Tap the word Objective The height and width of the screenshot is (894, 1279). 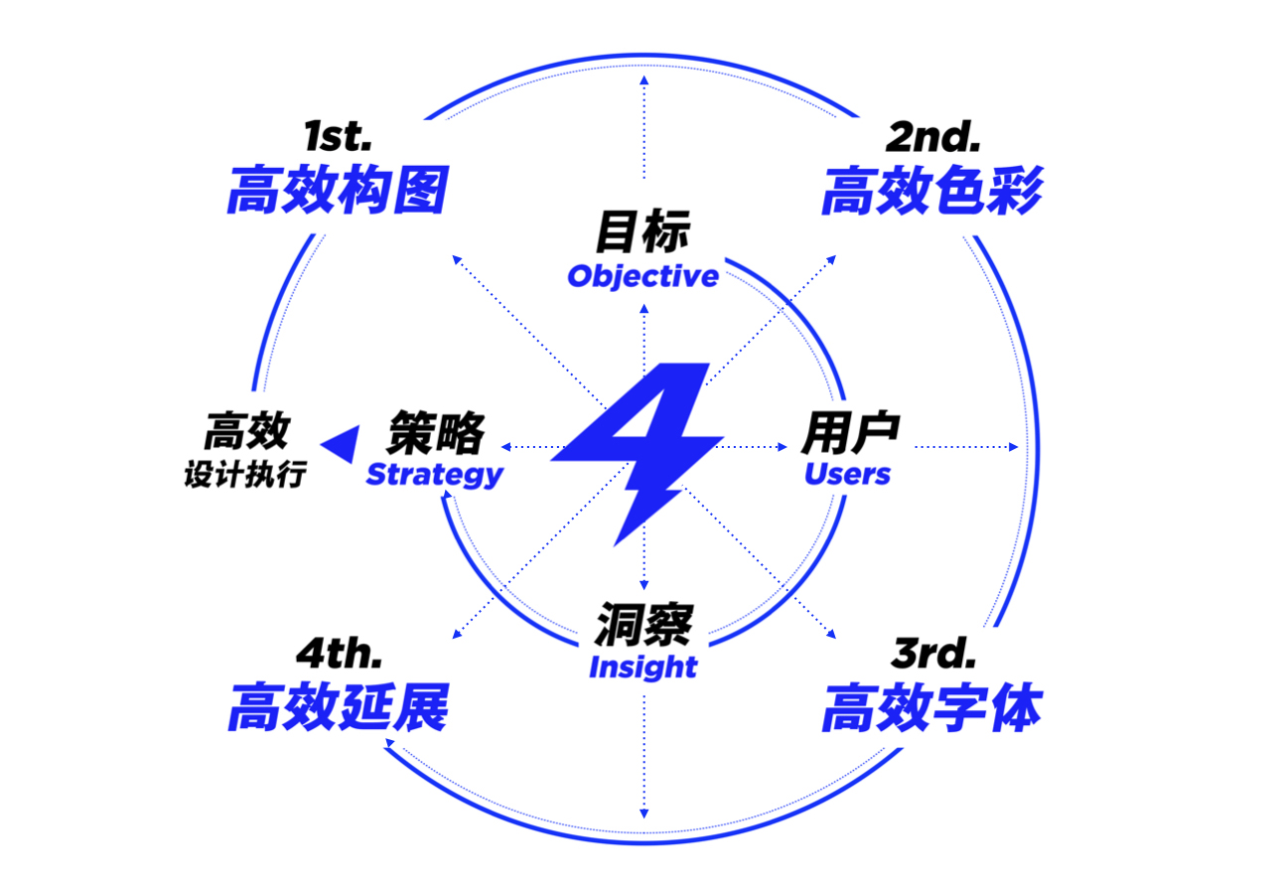pyautogui.click(x=642, y=276)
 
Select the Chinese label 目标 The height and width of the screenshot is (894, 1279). pyautogui.click(x=642, y=234)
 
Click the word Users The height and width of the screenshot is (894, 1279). pyautogui.click(x=847, y=475)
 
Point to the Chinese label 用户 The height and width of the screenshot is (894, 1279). pyautogui.click(x=850, y=433)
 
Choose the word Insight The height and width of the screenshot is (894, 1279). pyautogui.click(x=642, y=668)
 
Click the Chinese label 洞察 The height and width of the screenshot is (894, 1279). pyautogui.click(x=643, y=626)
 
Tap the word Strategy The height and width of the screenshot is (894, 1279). pyautogui.click(x=434, y=475)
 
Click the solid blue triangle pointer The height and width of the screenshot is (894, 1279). pyautogui.click(x=340, y=445)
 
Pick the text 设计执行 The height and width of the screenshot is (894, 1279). pyautogui.click(x=244, y=476)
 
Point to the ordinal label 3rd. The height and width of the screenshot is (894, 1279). pyautogui.click(x=933, y=654)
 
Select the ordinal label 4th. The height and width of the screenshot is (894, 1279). pyautogui.click(x=339, y=654)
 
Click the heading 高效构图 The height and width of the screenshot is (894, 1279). pyautogui.click(x=338, y=191)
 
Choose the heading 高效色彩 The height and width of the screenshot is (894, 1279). pyautogui.click(x=931, y=191)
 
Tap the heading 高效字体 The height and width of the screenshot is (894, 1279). pyautogui.click(x=931, y=709)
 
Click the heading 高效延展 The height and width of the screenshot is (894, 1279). pyautogui.click(x=338, y=709)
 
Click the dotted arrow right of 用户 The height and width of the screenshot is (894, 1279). pyautogui.click(x=966, y=447)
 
